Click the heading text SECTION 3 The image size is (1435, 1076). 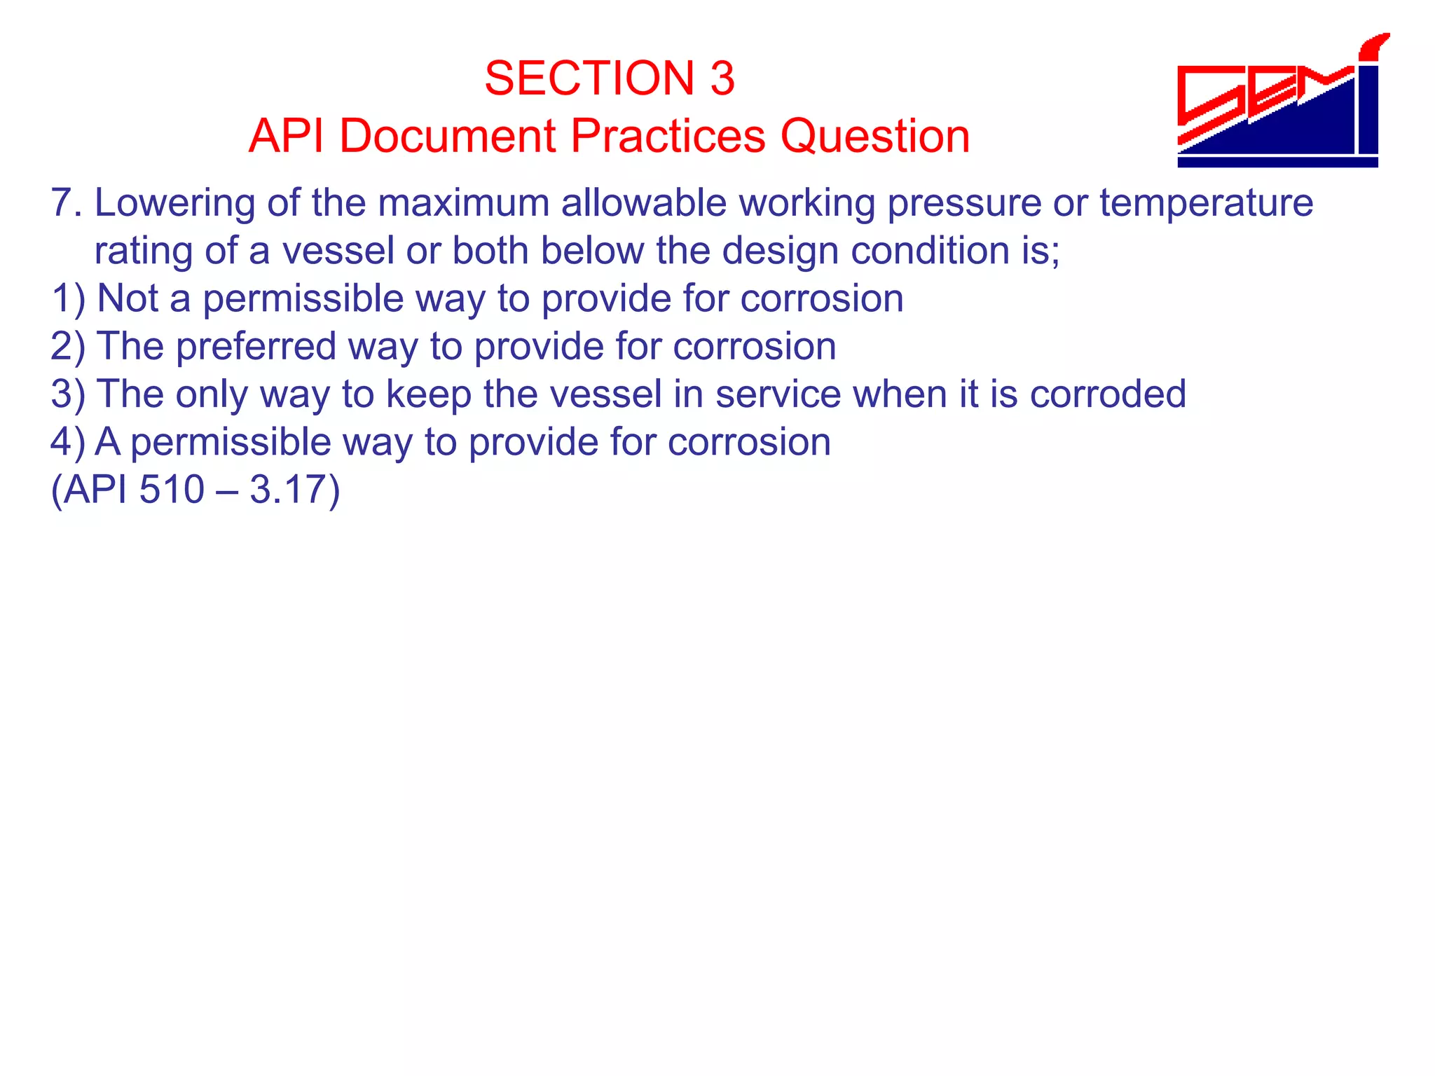(x=609, y=78)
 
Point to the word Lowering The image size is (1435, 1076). (x=174, y=203)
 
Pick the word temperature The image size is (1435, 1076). (x=1206, y=203)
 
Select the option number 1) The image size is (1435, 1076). (x=68, y=298)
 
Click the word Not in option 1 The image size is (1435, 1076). (x=128, y=298)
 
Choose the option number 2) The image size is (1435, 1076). (x=68, y=346)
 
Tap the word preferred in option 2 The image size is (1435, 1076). (x=256, y=346)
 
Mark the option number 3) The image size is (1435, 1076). (x=68, y=394)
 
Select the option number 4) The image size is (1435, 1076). (x=68, y=442)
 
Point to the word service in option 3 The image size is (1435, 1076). (x=778, y=394)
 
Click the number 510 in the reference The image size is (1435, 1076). (x=172, y=489)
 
